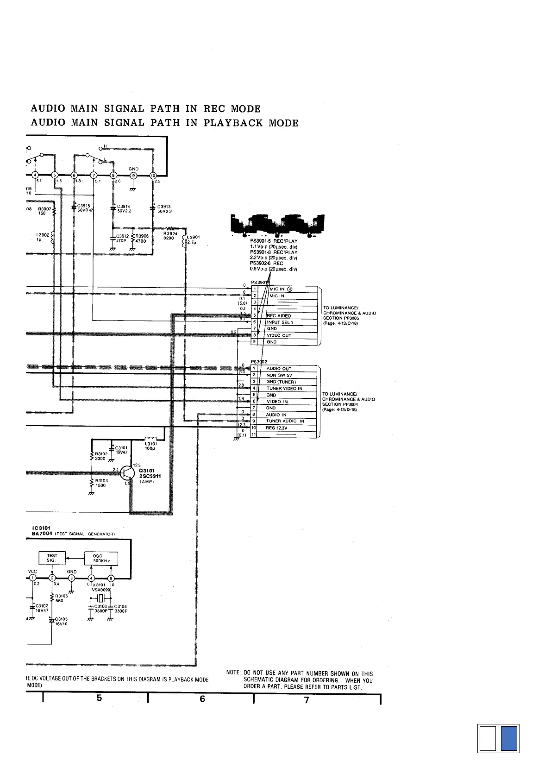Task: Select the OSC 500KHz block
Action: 100,558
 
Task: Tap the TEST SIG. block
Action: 52,558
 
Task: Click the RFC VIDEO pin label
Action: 279,315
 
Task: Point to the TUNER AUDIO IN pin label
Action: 285,421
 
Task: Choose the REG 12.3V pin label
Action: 276,428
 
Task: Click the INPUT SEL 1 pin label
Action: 280,322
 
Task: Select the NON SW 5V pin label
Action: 279,375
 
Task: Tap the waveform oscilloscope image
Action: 278,226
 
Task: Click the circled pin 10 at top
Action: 153,175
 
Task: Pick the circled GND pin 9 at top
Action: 133,175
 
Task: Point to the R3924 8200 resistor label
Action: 170,236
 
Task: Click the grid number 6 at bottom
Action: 202,699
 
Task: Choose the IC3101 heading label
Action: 41,528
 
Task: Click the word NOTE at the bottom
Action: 233,673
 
